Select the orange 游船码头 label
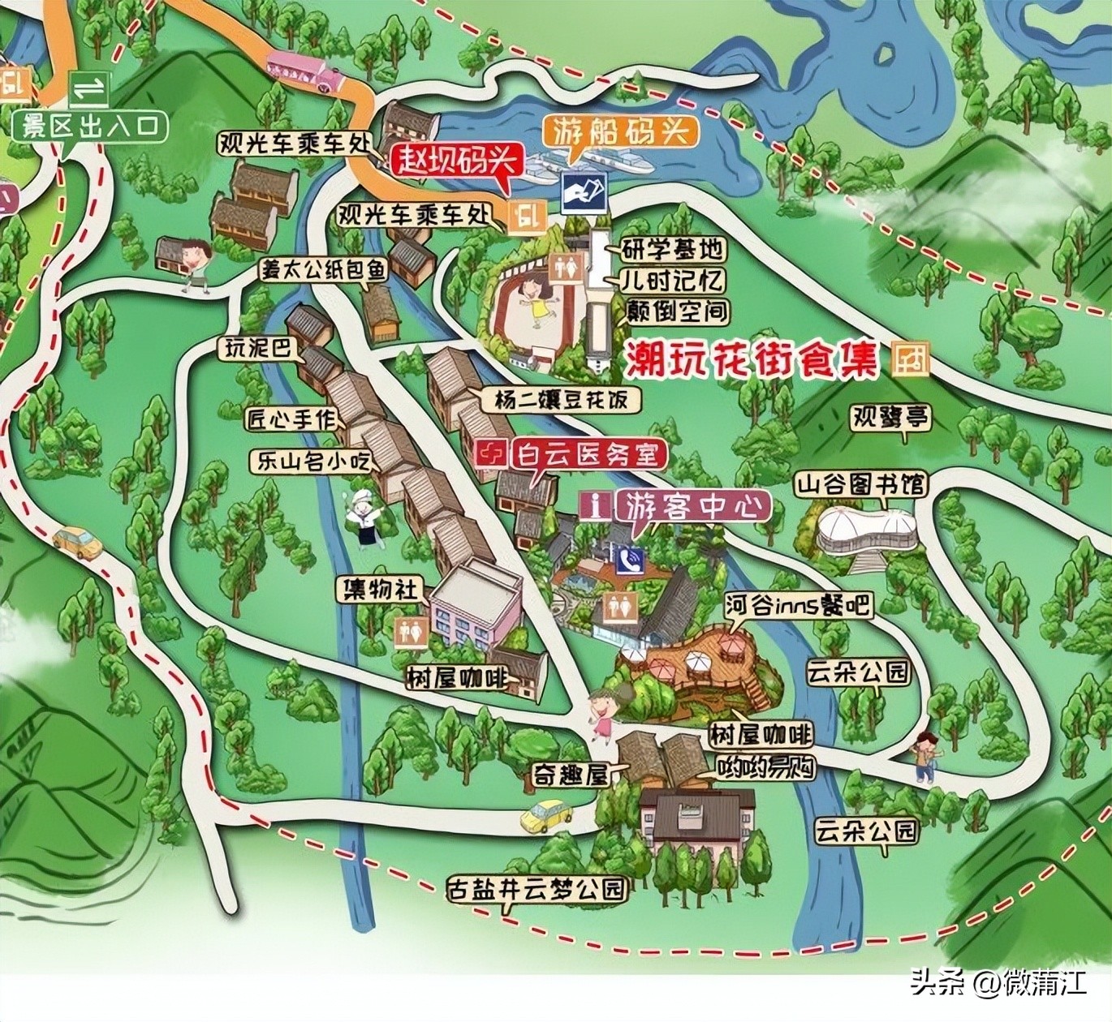pos(622,131)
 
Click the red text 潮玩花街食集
pos(752,361)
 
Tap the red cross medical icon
pos(490,453)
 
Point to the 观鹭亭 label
pos(890,419)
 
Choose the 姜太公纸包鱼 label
pos(322,271)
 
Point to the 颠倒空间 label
pos(678,311)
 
